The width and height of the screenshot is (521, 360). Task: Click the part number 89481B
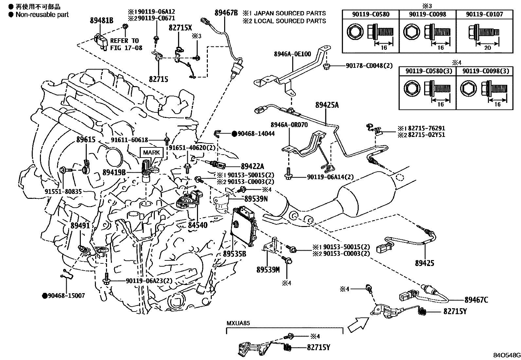point(101,20)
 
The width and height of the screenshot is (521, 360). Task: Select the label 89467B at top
point(226,13)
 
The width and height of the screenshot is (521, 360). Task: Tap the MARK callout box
point(151,152)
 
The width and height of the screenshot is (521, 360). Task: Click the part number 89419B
point(114,172)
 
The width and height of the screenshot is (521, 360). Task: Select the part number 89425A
point(327,105)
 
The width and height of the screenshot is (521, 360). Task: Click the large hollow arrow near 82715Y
point(357,324)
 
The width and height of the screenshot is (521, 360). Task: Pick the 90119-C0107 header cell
point(484,14)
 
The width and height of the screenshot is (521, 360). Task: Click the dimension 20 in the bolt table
point(487,47)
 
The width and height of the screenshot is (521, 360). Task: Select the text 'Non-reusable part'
point(42,14)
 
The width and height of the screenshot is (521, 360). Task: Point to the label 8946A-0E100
point(293,54)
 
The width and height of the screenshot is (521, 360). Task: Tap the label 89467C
point(476,300)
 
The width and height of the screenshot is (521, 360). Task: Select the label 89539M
point(268,270)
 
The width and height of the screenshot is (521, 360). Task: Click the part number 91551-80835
point(63,191)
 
